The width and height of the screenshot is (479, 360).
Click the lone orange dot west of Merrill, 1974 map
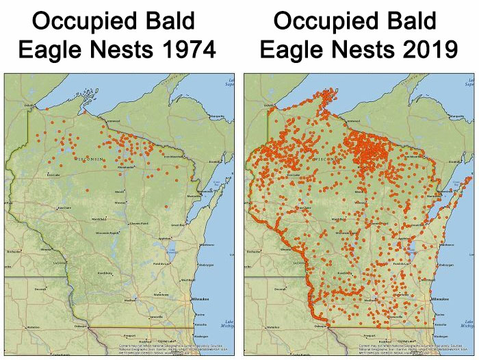click(x=89, y=186)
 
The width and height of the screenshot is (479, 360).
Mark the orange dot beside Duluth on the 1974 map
click(x=45, y=108)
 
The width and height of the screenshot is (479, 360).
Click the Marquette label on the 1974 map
click(x=218, y=116)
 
